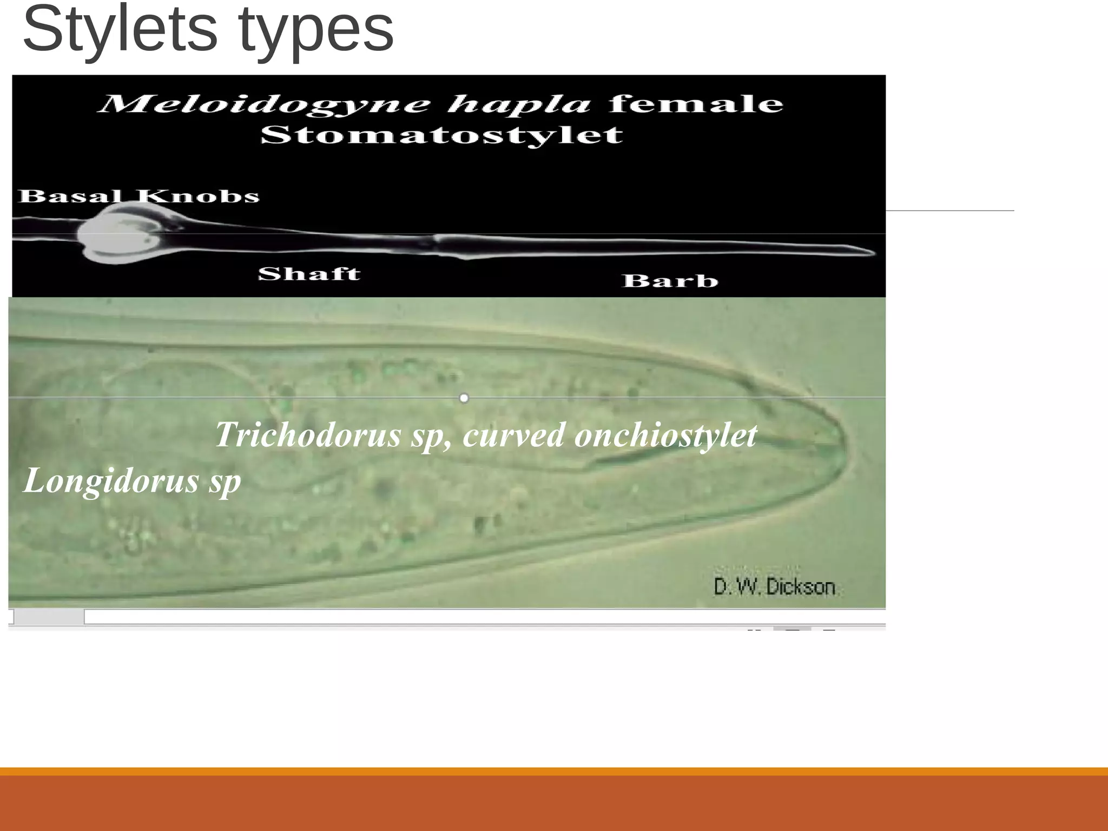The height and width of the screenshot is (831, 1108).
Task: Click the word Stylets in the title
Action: click(120, 30)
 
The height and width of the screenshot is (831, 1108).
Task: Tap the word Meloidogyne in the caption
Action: click(266, 103)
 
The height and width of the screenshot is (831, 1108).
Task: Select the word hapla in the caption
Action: click(519, 104)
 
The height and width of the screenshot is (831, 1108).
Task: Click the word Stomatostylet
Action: click(441, 135)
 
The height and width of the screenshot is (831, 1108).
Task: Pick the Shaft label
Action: click(309, 274)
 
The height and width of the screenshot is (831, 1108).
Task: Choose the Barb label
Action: click(670, 280)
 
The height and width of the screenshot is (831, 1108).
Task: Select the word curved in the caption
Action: click(514, 435)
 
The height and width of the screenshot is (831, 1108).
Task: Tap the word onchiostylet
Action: click(665, 436)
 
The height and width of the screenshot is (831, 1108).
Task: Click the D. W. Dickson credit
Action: click(774, 586)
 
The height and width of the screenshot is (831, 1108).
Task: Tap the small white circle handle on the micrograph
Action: click(464, 398)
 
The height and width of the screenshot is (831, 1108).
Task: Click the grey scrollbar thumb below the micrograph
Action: click(49, 616)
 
